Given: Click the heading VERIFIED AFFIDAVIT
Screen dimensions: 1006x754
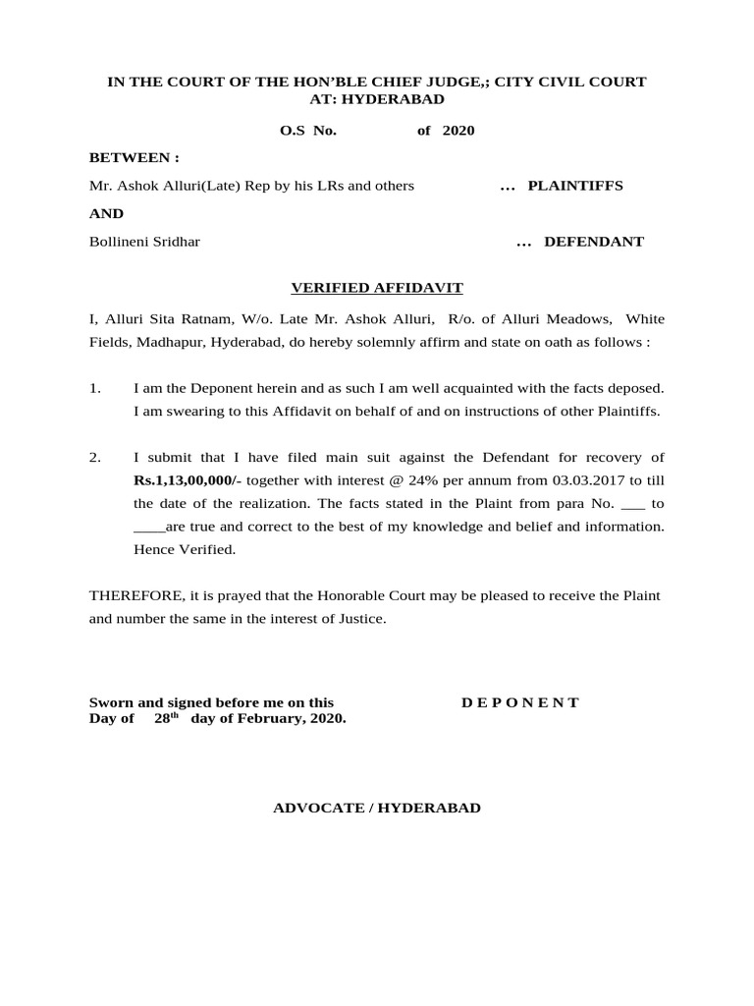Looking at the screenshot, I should tap(377, 288).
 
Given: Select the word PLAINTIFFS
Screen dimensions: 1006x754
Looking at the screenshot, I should tap(575, 186).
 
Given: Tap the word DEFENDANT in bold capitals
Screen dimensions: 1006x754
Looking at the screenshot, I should tap(594, 242).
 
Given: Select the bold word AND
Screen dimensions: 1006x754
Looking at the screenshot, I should tap(107, 213).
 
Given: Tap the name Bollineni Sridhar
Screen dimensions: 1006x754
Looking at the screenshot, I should tap(144, 242).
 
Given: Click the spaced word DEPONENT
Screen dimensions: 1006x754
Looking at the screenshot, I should tap(520, 702).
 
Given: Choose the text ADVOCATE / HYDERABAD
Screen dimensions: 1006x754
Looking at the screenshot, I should tap(377, 808).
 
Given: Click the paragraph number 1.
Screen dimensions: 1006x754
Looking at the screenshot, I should tap(95, 388).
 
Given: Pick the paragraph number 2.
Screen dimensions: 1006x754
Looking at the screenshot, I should tap(95, 458).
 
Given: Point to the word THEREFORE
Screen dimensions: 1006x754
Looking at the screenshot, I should tap(133, 596).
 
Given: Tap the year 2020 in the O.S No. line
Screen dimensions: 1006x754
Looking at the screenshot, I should tap(458, 130).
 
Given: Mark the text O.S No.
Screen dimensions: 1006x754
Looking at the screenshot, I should tap(309, 130).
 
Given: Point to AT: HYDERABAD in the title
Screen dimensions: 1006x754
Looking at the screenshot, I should tap(377, 99).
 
